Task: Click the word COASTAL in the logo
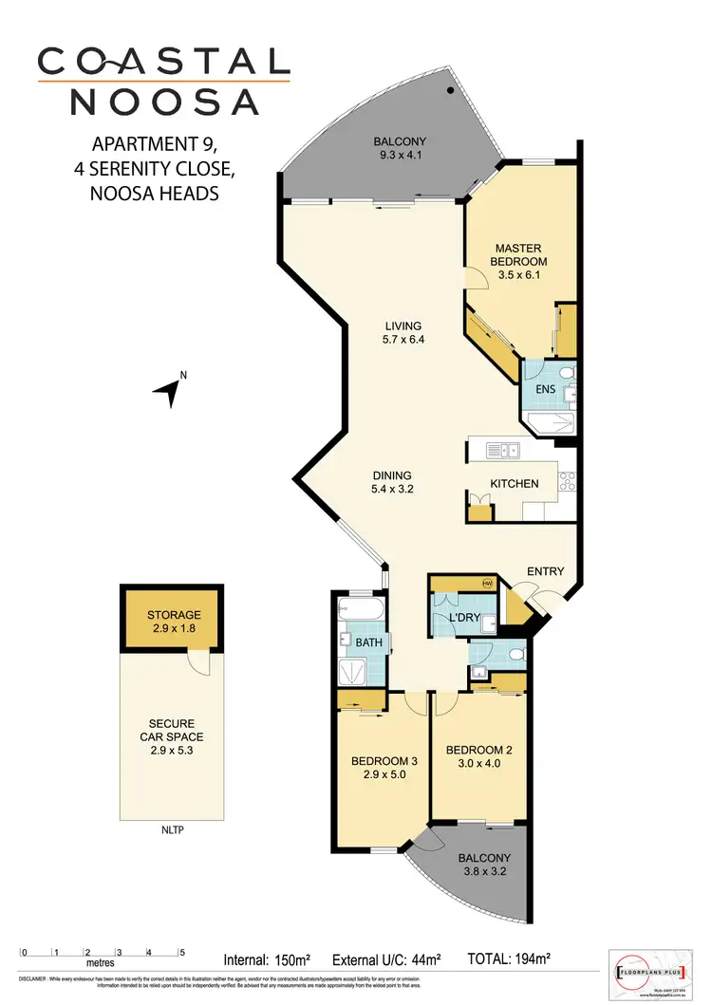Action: pyautogui.click(x=163, y=62)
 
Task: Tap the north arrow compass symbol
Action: pyautogui.click(x=172, y=389)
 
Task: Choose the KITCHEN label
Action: pyautogui.click(x=514, y=484)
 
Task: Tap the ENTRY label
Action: pyautogui.click(x=546, y=571)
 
